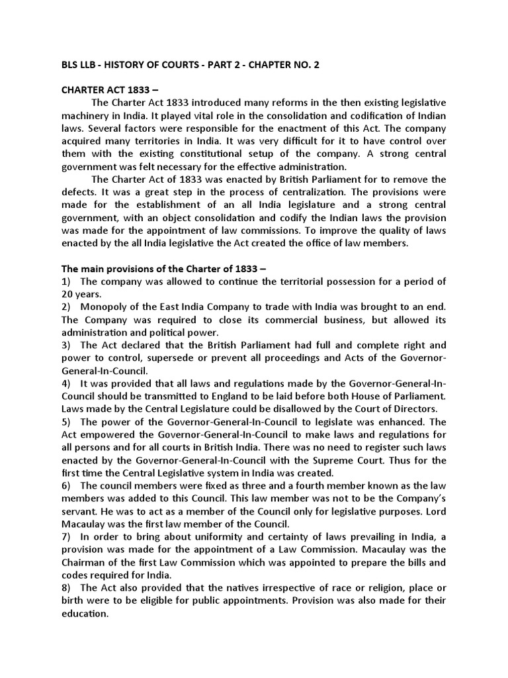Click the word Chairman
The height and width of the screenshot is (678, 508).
click(x=87, y=562)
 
